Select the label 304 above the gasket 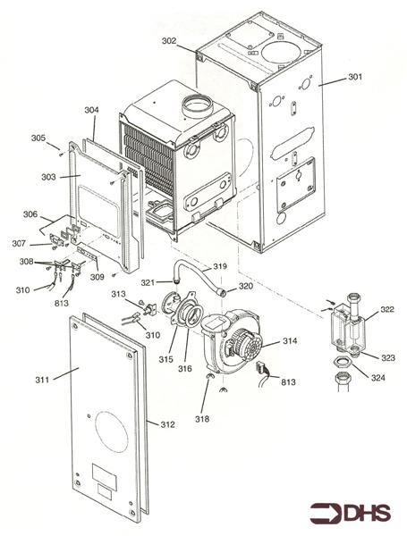[91, 111]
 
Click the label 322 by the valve [386, 309]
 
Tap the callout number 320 [245, 288]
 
